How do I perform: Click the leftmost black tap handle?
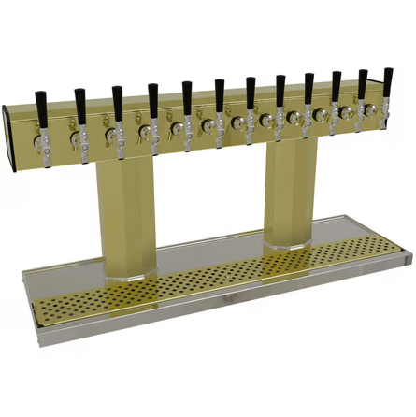(x=41, y=106)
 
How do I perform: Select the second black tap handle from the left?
(x=79, y=104)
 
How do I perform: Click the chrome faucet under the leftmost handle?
(x=42, y=143)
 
